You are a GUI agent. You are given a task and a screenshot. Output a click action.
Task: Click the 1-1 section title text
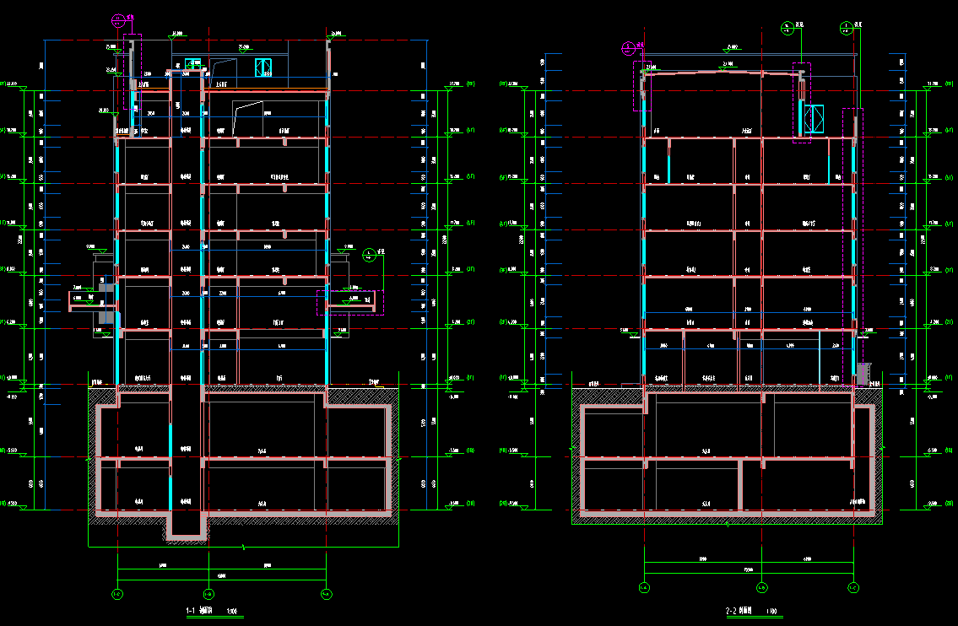pyautogui.click(x=199, y=610)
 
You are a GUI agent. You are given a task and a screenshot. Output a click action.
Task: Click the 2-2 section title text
pyautogui.click(x=739, y=610)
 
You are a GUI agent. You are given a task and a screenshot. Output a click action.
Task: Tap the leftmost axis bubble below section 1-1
pyautogui.click(x=117, y=594)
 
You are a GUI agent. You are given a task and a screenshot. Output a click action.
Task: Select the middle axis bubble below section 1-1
pyautogui.click(x=208, y=594)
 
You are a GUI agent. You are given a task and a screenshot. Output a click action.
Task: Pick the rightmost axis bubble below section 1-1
pyautogui.click(x=326, y=594)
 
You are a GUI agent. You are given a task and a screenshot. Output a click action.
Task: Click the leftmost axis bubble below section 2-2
pyautogui.click(x=643, y=587)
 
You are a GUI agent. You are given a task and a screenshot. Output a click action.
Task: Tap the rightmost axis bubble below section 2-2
pyautogui.click(x=852, y=587)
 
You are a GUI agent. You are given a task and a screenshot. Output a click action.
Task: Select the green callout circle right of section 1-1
pyautogui.click(x=368, y=253)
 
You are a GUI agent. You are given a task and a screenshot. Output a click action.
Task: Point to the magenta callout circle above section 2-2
pyautogui.click(x=628, y=47)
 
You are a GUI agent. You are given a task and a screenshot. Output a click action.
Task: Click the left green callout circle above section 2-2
pyautogui.click(x=787, y=27)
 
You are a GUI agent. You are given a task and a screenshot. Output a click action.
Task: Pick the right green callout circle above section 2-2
pyautogui.click(x=847, y=27)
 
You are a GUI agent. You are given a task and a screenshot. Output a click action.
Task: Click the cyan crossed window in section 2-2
pyautogui.click(x=814, y=119)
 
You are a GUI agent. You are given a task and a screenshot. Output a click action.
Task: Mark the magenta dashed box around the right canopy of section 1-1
pyautogui.click(x=350, y=302)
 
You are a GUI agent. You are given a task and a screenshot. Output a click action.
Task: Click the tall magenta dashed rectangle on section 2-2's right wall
pyautogui.click(x=852, y=245)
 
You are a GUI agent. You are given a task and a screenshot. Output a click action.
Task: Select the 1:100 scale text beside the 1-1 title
pyautogui.click(x=232, y=611)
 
